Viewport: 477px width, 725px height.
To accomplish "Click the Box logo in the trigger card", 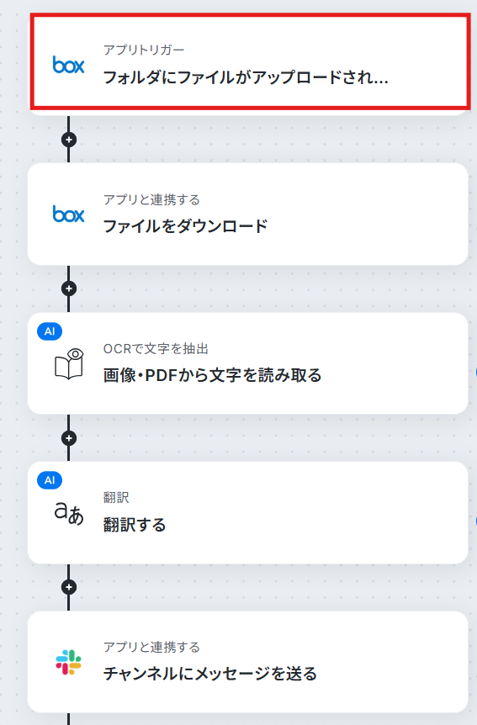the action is pyautogui.click(x=68, y=65).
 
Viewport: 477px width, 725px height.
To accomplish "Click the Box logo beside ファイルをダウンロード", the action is pyautogui.click(x=68, y=214).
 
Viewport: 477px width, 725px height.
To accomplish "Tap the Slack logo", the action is pyautogui.click(x=68, y=662).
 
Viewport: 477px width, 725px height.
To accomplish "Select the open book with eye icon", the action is pyautogui.click(x=69, y=364).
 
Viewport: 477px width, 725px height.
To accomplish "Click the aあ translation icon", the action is pyautogui.click(x=69, y=513).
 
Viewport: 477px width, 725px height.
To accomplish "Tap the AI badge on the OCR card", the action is pyautogui.click(x=50, y=331).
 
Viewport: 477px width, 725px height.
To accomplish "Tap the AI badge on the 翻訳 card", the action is pyautogui.click(x=50, y=480).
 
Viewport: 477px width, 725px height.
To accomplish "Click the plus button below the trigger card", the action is pyautogui.click(x=69, y=140).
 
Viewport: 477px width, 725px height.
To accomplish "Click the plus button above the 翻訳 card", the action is pyautogui.click(x=69, y=438).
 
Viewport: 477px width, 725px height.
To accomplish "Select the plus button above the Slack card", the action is pyautogui.click(x=69, y=587).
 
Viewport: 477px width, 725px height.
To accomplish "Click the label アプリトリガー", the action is pyautogui.click(x=144, y=50).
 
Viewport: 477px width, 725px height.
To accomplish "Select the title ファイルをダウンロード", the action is pyautogui.click(x=186, y=226).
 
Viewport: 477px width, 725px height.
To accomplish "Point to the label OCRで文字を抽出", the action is pyautogui.click(x=156, y=349).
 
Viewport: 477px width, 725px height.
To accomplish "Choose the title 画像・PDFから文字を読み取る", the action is pyautogui.click(x=212, y=375).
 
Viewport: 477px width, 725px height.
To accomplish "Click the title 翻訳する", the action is pyautogui.click(x=135, y=525).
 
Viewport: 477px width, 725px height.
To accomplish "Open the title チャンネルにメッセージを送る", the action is pyautogui.click(x=210, y=674).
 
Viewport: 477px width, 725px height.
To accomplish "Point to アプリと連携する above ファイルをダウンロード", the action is pyautogui.click(x=151, y=199).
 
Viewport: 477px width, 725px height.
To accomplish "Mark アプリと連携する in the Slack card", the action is pyautogui.click(x=151, y=648).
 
